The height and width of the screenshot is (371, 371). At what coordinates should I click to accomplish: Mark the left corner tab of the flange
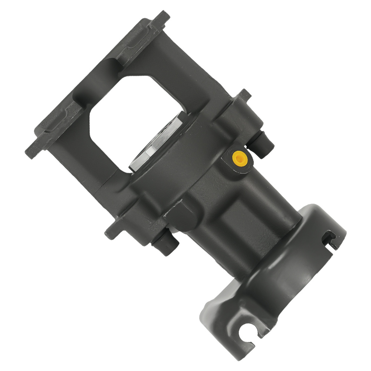click(31, 152)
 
